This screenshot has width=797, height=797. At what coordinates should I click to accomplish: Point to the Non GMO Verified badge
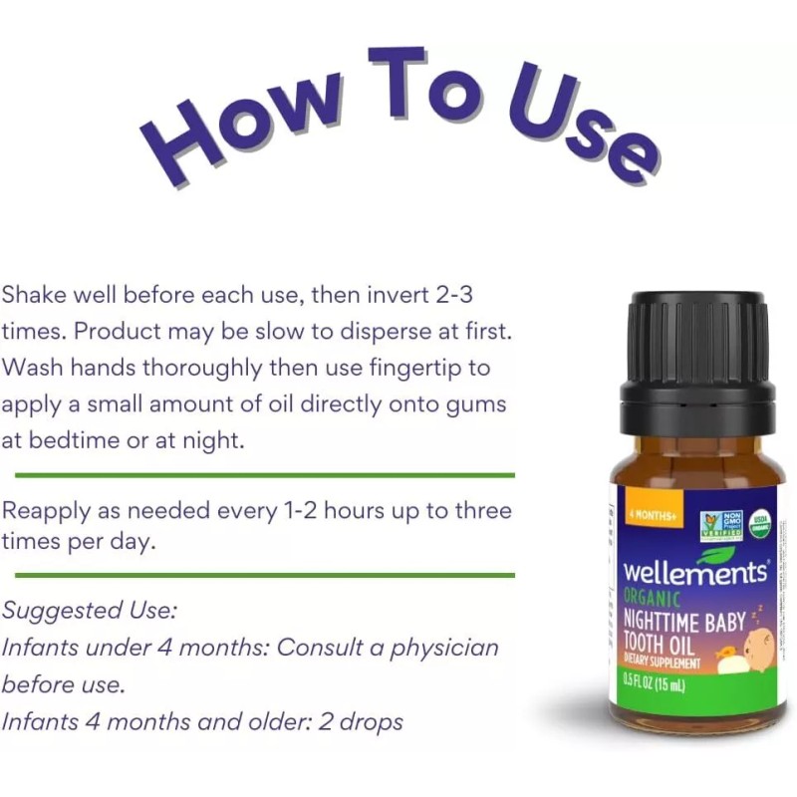(720, 524)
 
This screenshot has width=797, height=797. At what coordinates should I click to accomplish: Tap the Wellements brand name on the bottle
(694, 573)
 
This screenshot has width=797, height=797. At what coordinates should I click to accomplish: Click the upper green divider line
(265, 475)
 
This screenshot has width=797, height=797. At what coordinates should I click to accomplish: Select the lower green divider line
(265, 575)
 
